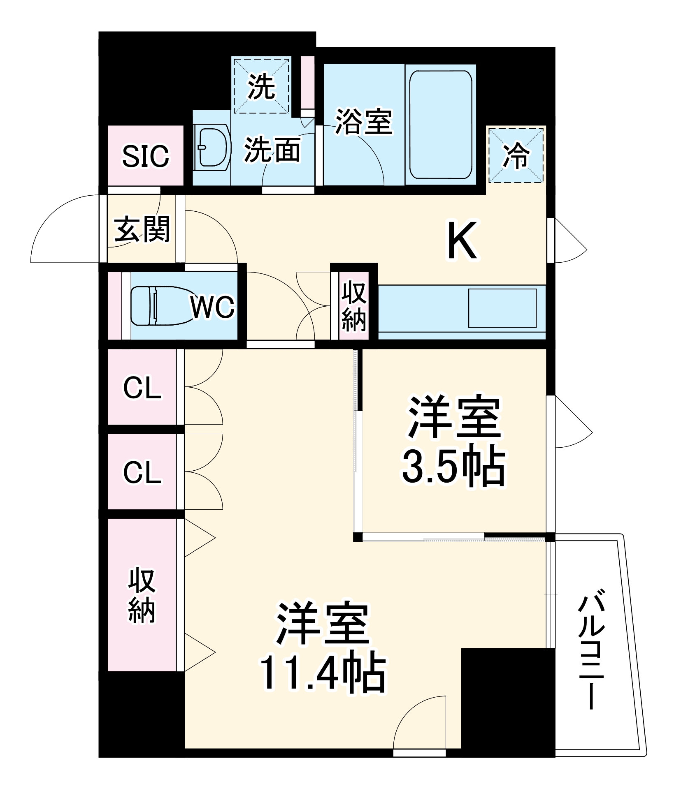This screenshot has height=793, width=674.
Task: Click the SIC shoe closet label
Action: coord(146,156)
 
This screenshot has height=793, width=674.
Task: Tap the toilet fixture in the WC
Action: coord(158,305)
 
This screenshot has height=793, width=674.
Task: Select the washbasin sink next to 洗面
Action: coord(212,147)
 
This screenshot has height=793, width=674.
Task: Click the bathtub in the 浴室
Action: coord(440,125)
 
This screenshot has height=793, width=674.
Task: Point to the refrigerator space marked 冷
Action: coord(516,155)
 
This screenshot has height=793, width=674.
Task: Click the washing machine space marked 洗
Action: coord(261,86)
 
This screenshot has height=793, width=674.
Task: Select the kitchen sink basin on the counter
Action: coord(502,308)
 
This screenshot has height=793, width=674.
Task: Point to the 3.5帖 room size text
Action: coord(453,467)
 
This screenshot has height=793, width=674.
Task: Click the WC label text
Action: coord(212,307)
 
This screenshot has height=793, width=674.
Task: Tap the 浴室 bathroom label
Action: coord(364,122)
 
